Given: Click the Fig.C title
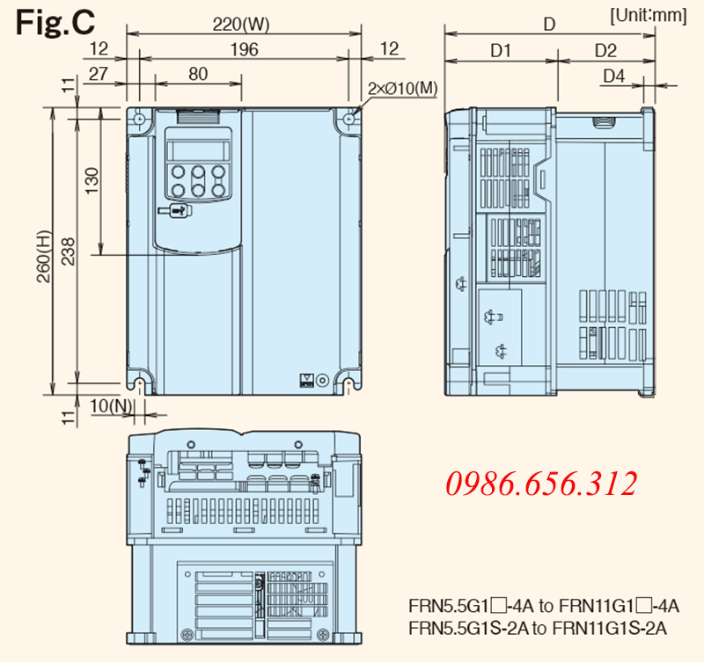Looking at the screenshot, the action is click(x=55, y=22).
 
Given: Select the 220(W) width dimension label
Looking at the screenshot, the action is click(x=241, y=25).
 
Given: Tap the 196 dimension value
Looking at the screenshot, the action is click(x=245, y=49).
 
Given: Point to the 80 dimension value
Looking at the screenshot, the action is click(x=198, y=74).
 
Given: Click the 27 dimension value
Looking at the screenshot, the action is click(x=99, y=74).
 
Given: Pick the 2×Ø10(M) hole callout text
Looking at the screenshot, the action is click(x=402, y=88).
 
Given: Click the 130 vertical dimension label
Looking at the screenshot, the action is click(x=92, y=181).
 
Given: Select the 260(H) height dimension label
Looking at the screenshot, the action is click(x=44, y=257).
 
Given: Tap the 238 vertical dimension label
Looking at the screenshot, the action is click(x=69, y=251).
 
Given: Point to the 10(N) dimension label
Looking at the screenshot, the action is click(x=111, y=406).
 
